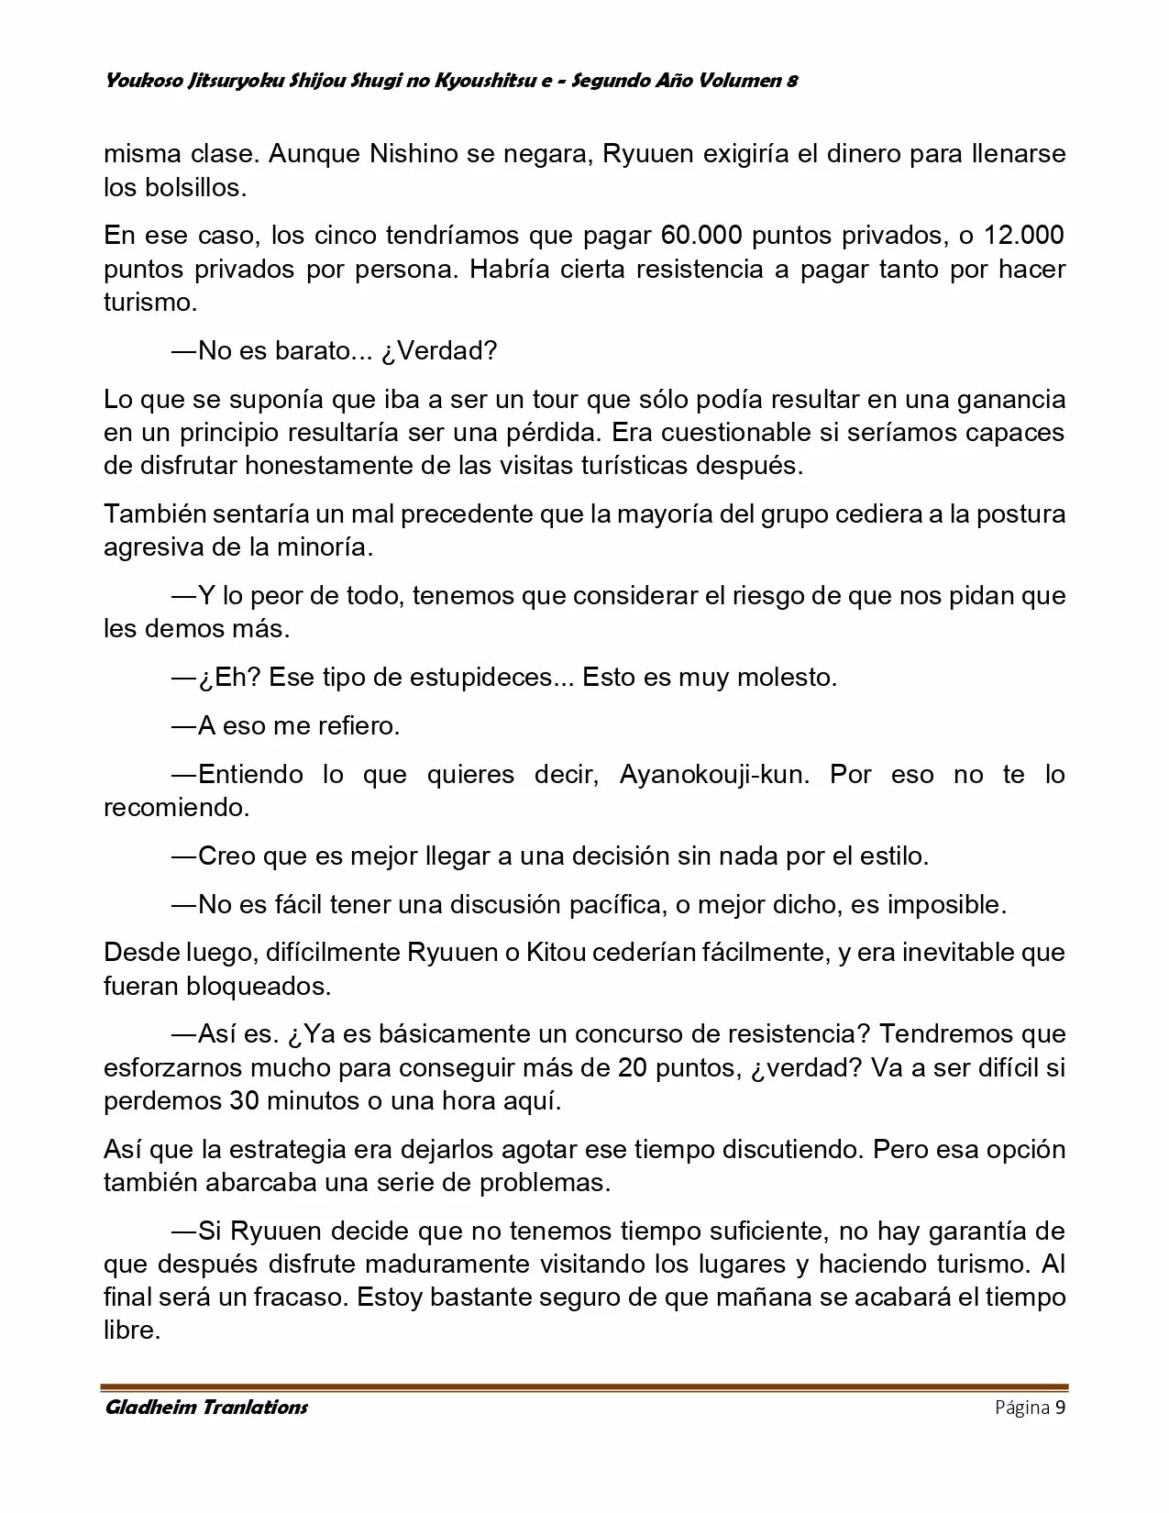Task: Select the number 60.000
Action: pos(700,236)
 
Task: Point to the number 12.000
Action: pos(1024,236)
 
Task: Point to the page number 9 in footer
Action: pos(1060,1408)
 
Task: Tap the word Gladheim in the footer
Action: pos(151,1408)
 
